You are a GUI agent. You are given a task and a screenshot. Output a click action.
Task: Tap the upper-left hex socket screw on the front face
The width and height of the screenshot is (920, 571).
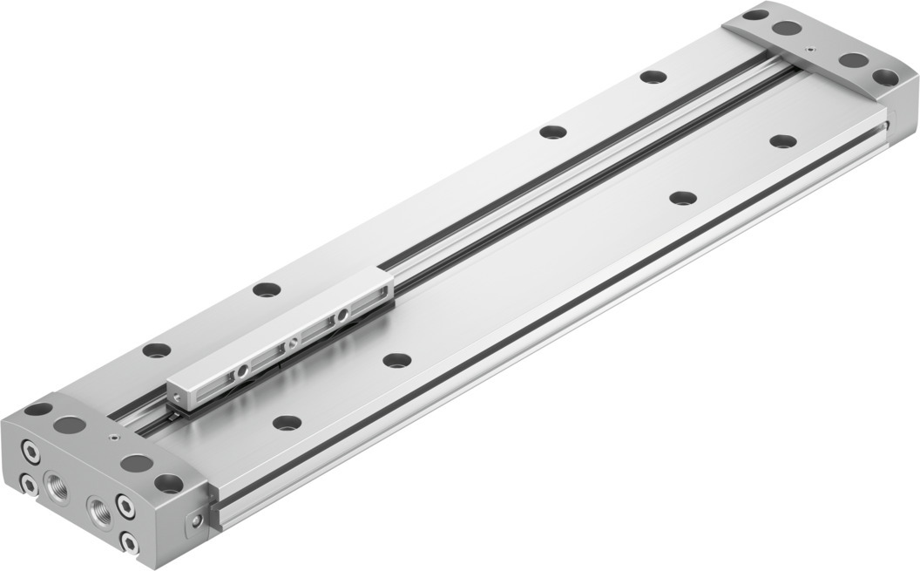[31, 452]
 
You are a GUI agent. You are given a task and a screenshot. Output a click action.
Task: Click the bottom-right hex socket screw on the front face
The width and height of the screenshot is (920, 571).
[129, 544]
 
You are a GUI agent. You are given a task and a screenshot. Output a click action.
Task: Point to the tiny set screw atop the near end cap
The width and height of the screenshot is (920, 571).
[113, 438]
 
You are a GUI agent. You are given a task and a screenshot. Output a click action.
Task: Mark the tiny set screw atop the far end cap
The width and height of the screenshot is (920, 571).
[810, 50]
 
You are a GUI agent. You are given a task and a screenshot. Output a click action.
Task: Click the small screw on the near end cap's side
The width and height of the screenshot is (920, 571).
[198, 520]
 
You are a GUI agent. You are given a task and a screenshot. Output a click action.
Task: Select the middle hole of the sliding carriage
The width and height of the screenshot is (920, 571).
[294, 342]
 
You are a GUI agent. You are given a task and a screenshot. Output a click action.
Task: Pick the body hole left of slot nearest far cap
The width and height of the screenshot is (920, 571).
[653, 76]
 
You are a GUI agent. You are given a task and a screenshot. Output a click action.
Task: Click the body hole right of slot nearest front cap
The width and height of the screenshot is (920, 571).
[287, 423]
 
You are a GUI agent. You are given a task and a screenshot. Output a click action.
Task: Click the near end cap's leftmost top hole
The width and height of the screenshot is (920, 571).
[38, 408]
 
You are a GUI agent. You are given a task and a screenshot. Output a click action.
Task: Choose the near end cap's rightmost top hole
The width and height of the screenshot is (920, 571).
[168, 481]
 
